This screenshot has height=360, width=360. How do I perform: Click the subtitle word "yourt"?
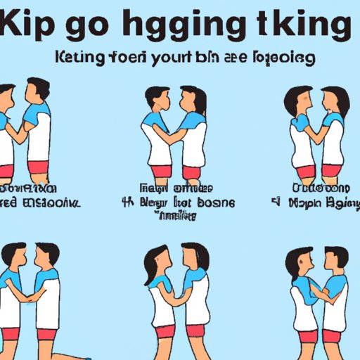tap(184, 58)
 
